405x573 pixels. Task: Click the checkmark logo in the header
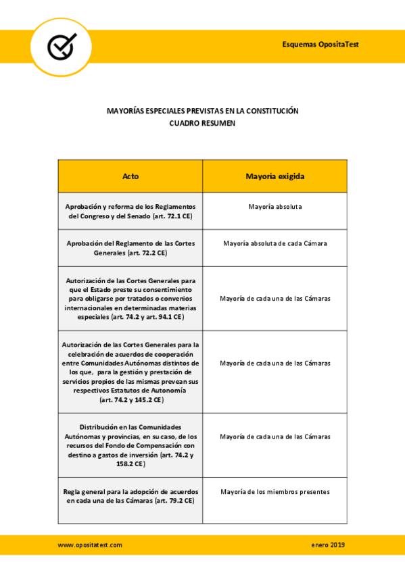pos(62,47)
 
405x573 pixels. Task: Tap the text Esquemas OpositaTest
pos(320,44)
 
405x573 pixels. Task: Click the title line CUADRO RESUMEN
pos(202,124)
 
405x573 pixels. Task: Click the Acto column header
pos(130,176)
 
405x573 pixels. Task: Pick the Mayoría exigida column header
pos(275,176)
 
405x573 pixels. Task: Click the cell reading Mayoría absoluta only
pos(275,205)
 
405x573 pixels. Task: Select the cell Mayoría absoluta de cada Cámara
pos(275,243)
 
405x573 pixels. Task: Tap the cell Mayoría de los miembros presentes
pos(275,491)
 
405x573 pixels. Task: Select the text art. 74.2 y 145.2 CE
pos(131,400)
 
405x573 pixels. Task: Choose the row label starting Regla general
pos(130,496)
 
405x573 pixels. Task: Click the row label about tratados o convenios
pos(130,298)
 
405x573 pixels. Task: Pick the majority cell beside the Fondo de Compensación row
pos(275,437)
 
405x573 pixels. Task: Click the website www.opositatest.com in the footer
pos(90,545)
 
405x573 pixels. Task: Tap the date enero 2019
pos(328,545)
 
